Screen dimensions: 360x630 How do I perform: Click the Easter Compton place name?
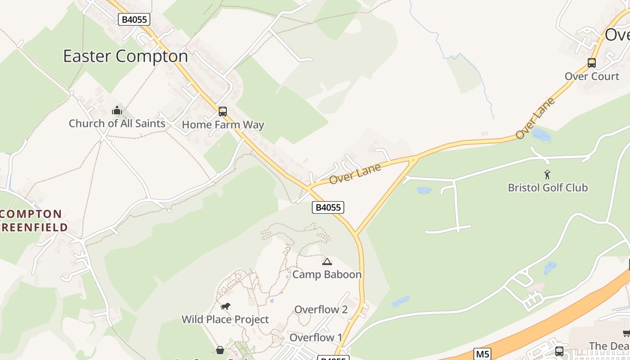point(125,56)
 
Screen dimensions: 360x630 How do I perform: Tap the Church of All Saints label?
point(117,123)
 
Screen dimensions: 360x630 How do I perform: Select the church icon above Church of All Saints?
point(117,110)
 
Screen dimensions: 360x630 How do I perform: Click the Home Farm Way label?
point(223,125)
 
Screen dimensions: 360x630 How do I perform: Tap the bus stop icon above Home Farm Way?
point(223,112)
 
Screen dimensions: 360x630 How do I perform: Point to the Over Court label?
point(592,76)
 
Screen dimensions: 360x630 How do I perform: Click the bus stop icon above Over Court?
point(592,63)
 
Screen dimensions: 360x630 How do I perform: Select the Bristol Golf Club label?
point(548,187)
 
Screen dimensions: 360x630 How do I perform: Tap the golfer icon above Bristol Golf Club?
point(547,174)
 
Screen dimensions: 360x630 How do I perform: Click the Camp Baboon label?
point(327,274)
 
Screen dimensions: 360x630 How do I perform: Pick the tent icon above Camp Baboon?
point(327,261)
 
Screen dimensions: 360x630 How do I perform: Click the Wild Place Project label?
point(225,319)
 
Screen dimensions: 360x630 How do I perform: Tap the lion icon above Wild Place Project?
point(225,307)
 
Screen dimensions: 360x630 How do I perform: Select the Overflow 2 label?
point(321,310)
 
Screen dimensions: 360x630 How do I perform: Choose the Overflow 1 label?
point(315,337)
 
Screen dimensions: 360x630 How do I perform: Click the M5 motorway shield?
point(483,354)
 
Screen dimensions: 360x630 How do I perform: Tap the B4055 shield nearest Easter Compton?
point(134,19)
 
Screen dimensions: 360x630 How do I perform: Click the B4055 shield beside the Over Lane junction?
point(328,207)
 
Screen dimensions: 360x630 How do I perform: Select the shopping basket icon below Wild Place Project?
point(220,350)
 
